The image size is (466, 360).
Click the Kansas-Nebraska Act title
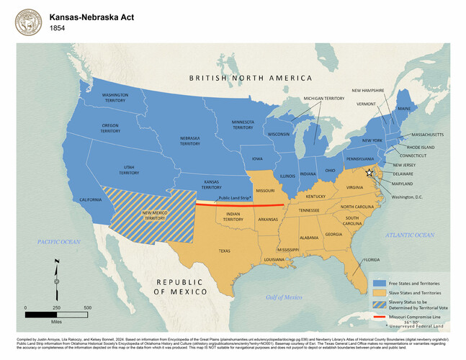pyautogui.click(x=91, y=15)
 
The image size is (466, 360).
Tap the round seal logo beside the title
pyautogui.click(x=28, y=21)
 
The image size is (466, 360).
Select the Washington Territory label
pyautogui.click(x=115, y=98)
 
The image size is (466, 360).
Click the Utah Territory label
pyautogui.click(x=129, y=169)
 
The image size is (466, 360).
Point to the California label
pyautogui.click(x=90, y=199)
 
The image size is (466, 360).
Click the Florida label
pyautogui.click(x=372, y=259)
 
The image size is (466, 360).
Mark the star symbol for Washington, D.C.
pyautogui.click(x=369, y=173)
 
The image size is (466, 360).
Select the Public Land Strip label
pyautogui.click(x=234, y=197)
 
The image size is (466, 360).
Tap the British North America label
pyautogui.click(x=251, y=78)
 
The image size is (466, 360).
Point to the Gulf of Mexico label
pyautogui.click(x=284, y=297)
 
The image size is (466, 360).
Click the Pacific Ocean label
pyautogui.click(x=59, y=242)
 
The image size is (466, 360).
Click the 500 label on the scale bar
pyautogui.click(x=87, y=308)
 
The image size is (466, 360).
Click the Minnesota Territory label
pyautogui.click(x=242, y=125)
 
